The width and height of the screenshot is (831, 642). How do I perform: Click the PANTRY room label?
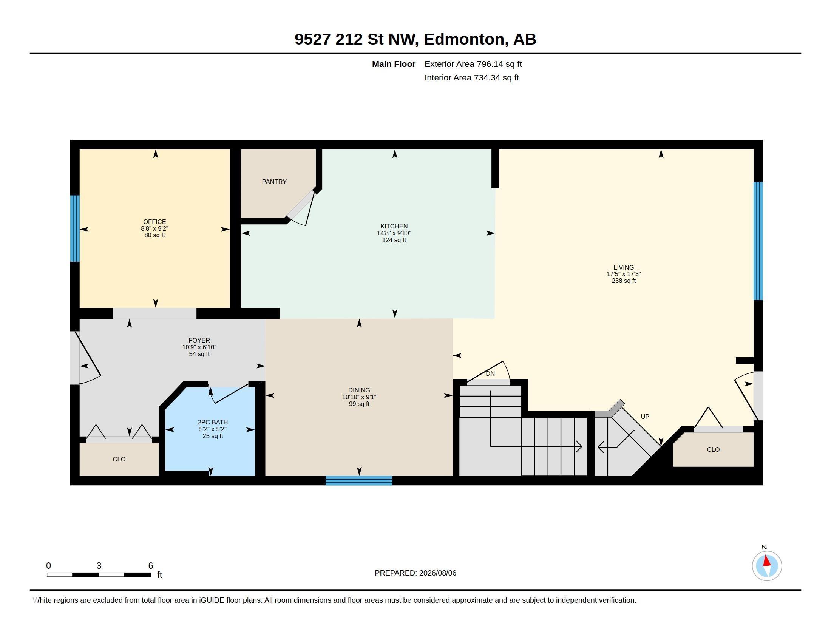(274, 182)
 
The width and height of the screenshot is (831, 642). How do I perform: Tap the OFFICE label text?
(154, 222)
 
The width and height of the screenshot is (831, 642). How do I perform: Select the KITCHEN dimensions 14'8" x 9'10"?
(394, 233)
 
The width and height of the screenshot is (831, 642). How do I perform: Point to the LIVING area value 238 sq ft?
(624, 281)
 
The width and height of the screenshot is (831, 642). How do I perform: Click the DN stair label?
(490, 373)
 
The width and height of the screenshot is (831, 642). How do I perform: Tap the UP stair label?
(645, 417)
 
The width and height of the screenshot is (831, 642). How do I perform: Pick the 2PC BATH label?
(213, 422)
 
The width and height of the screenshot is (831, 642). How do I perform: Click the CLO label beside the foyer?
(119, 460)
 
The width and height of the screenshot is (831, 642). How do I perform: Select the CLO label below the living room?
(713, 449)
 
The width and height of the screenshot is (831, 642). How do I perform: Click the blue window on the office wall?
(75, 228)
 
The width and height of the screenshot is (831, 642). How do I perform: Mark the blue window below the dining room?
(359, 480)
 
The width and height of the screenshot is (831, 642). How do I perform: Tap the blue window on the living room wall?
(758, 241)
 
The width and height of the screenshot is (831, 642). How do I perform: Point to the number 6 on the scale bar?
(151, 566)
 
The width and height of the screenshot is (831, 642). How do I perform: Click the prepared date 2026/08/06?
(437, 573)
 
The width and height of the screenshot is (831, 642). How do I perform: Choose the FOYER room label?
(199, 340)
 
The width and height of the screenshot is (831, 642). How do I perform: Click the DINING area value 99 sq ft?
(359, 404)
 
